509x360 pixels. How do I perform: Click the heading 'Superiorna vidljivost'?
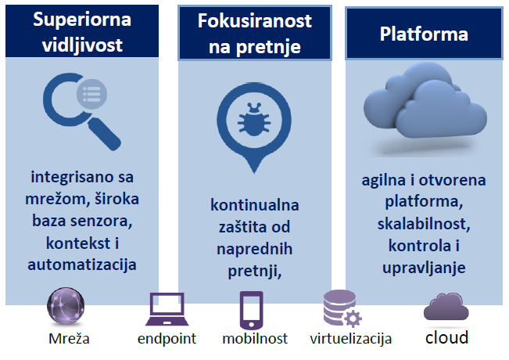(82, 31)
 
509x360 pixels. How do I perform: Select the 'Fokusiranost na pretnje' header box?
(255, 33)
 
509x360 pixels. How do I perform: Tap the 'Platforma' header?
(424, 34)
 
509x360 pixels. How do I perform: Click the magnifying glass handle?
(105, 134)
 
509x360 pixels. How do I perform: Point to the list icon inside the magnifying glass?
(91, 94)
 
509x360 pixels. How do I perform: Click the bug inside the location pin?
(254, 120)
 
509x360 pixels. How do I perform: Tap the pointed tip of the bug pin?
(254, 172)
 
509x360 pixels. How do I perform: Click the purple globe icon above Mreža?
(66, 306)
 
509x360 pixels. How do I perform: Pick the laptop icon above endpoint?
(167, 309)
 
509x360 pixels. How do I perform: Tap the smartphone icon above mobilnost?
(251, 310)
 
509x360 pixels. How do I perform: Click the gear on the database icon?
(353, 318)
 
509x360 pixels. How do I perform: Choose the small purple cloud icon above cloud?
(446, 307)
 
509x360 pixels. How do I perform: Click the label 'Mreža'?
(69, 339)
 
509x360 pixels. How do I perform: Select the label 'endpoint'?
(167, 339)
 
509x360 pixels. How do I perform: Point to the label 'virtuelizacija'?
(351, 339)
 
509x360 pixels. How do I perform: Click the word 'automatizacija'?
(82, 265)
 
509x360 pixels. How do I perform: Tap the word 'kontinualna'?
(255, 205)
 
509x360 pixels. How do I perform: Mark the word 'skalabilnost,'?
(424, 224)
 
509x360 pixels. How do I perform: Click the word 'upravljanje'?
(424, 268)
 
